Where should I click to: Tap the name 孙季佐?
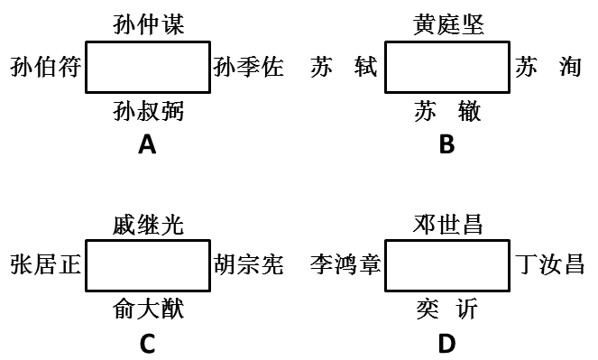coord(249,68)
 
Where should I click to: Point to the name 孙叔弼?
coord(149,111)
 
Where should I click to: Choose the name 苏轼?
coord(343,68)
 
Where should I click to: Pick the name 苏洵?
coord(548,68)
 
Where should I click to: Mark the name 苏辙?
coord(448,111)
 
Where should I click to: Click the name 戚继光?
coord(149,224)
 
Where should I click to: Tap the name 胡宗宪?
coord(249,265)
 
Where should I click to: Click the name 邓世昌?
coord(448,224)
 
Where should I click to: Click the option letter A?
coord(147,144)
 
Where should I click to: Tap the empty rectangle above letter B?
coord(448,68)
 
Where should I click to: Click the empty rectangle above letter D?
coord(448,265)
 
